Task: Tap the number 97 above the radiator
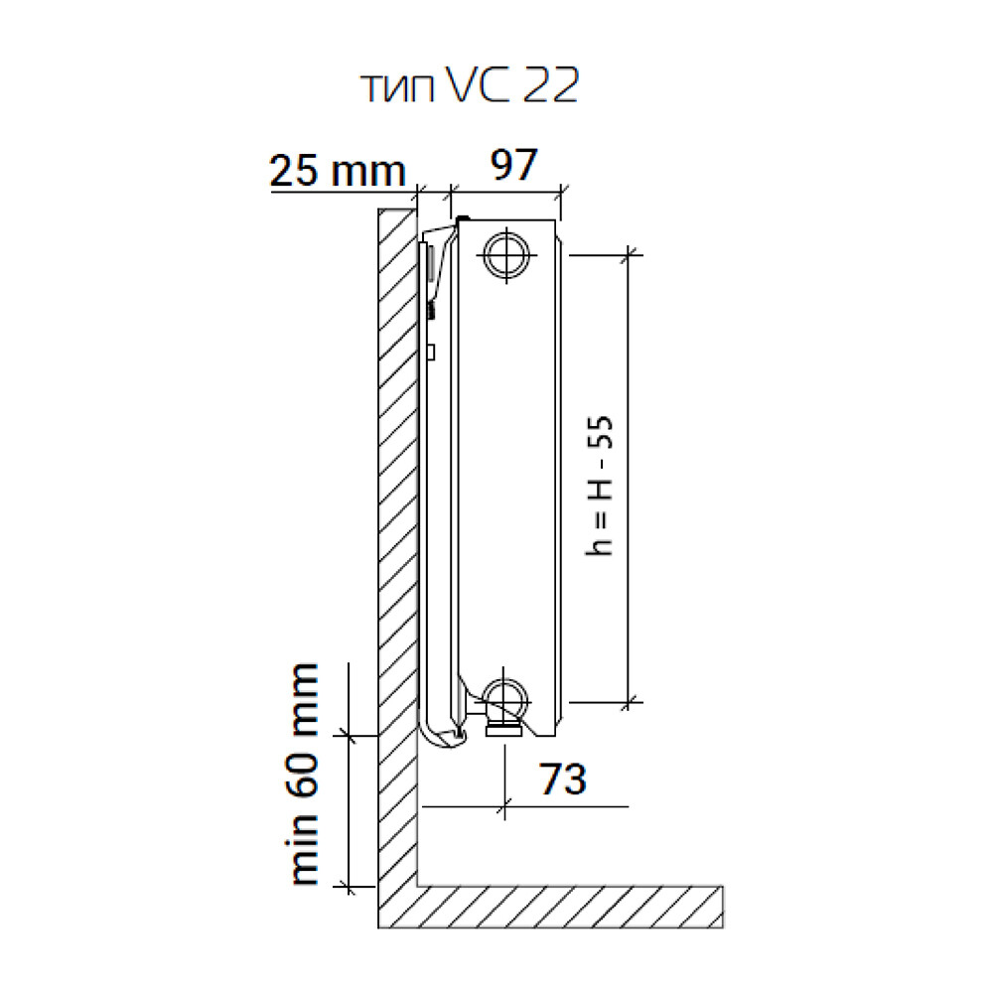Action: pyautogui.click(x=513, y=164)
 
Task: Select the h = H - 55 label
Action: pyautogui.click(x=599, y=486)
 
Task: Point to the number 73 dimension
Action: pyautogui.click(x=562, y=779)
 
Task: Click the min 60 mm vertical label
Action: pyautogui.click(x=304, y=774)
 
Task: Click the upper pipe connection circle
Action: pyautogui.click(x=506, y=255)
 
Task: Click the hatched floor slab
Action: pyautogui.click(x=570, y=907)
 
